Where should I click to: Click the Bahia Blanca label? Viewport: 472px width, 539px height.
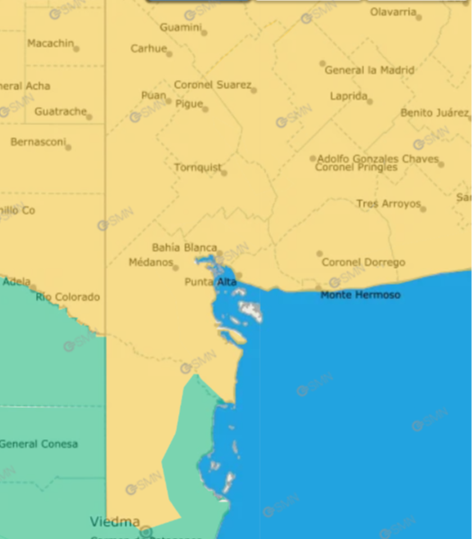(183, 247)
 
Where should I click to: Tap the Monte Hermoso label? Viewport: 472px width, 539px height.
(361, 295)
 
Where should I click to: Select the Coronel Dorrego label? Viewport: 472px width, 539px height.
(363, 262)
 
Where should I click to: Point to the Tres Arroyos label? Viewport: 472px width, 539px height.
(388, 204)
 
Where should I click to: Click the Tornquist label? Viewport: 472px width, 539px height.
(196, 167)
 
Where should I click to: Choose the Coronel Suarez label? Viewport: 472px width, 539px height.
(212, 84)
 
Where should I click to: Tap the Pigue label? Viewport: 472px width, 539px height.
(189, 103)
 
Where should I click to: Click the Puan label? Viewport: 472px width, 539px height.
(153, 94)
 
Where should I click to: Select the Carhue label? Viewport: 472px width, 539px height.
(148, 49)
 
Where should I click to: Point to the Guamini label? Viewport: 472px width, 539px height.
(180, 27)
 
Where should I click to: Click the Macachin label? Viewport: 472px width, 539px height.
(50, 43)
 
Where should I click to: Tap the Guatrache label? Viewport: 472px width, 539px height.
(60, 111)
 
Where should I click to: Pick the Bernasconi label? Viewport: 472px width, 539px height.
(37, 141)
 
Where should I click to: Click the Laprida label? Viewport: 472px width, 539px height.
(349, 95)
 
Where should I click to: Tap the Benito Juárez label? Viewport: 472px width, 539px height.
(433, 112)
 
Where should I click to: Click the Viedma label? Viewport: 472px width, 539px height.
(114, 521)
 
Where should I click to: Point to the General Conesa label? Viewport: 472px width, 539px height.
(38, 444)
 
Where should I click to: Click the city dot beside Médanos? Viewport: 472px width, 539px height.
(176, 267)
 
